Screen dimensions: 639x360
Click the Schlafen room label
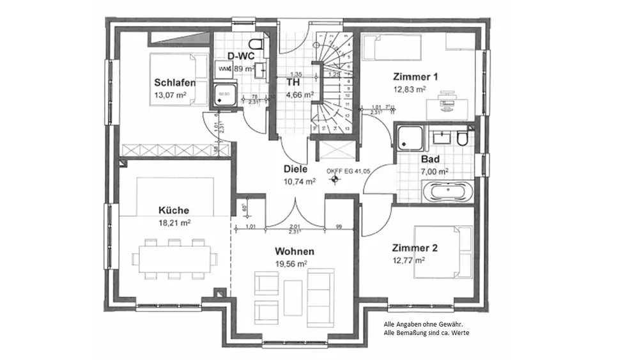pos(174,82)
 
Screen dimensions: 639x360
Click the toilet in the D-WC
pos(257,44)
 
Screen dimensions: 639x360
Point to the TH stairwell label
pos(293,82)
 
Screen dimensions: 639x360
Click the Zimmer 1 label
pos(415,76)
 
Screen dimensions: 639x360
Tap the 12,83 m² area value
pos(410,90)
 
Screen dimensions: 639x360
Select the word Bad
pos(429,159)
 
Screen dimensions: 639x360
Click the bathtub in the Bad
pos(447,191)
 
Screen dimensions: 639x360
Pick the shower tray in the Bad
pos(409,137)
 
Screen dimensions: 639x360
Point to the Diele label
pos(296,169)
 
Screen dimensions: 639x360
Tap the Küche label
pos(174,210)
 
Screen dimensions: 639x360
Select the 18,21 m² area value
pos(174,223)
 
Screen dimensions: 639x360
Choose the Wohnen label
pos(295,251)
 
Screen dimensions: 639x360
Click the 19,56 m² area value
pos(291,263)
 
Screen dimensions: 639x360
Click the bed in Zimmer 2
pos(443,252)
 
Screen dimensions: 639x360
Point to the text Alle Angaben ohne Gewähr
pos(418,324)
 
